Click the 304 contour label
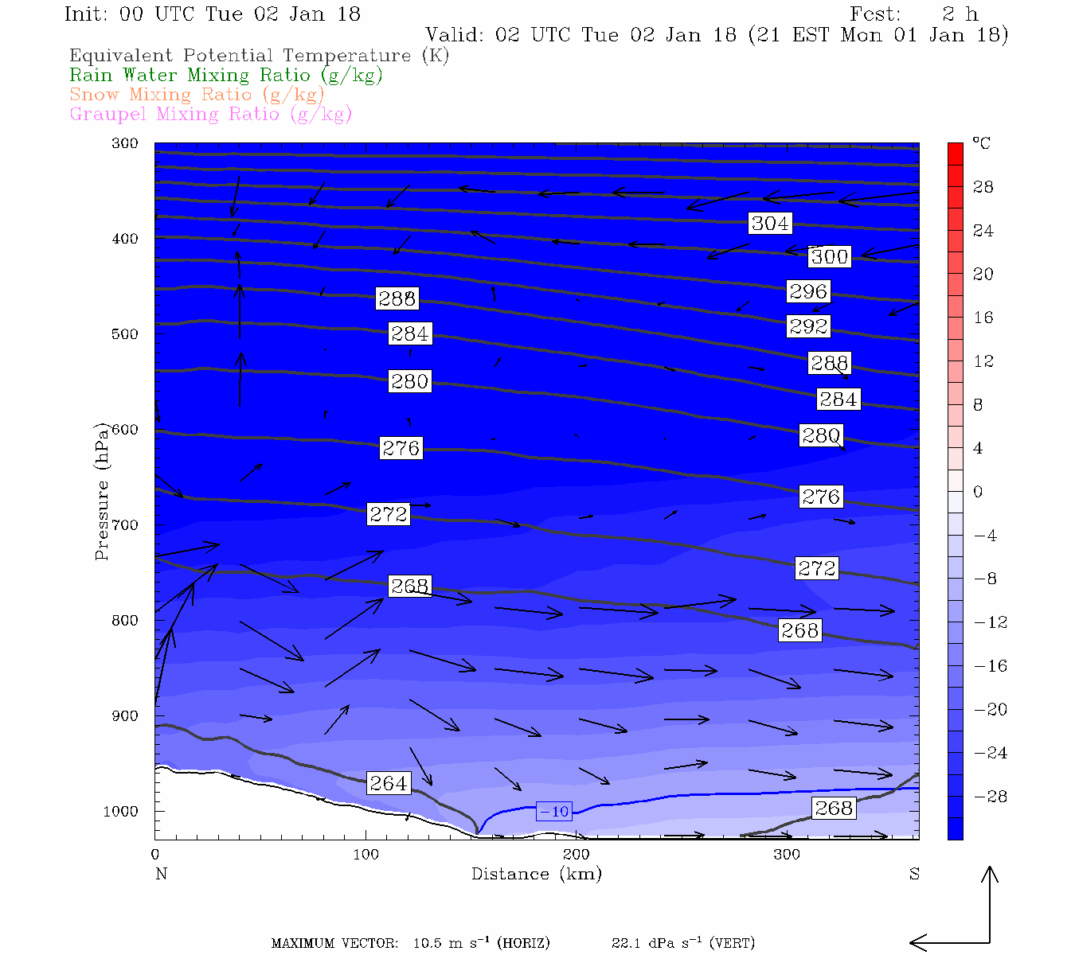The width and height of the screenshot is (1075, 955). pyautogui.click(x=770, y=224)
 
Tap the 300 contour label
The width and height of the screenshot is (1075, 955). pyautogui.click(x=829, y=256)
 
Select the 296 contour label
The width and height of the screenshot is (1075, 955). pyautogui.click(x=808, y=291)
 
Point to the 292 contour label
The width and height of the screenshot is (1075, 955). pyautogui.click(x=808, y=326)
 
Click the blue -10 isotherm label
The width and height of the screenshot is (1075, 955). pyautogui.click(x=554, y=812)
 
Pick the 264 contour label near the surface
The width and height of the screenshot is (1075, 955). pyautogui.click(x=389, y=783)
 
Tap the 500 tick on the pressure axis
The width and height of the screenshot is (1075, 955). pyautogui.click(x=124, y=334)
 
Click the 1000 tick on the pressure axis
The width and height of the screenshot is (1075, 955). pyautogui.click(x=120, y=812)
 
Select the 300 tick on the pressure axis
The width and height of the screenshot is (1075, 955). pyautogui.click(x=124, y=143)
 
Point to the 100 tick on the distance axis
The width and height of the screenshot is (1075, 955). pyautogui.click(x=366, y=855)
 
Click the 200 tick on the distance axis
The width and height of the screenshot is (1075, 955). pyautogui.click(x=577, y=855)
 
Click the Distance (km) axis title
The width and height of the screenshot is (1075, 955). pyautogui.click(x=537, y=874)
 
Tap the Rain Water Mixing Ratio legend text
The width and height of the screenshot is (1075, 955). pyautogui.click(x=226, y=76)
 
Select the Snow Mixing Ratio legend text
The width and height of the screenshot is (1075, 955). pyautogui.click(x=197, y=95)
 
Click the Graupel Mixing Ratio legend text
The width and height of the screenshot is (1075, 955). pyautogui.click(x=211, y=114)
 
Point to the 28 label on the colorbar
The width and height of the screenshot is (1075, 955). pyautogui.click(x=983, y=187)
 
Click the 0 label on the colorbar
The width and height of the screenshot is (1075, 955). pyautogui.click(x=978, y=492)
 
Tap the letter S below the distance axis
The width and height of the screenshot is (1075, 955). pyautogui.click(x=914, y=874)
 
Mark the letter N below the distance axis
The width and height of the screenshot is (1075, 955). pyautogui.click(x=161, y=874)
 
